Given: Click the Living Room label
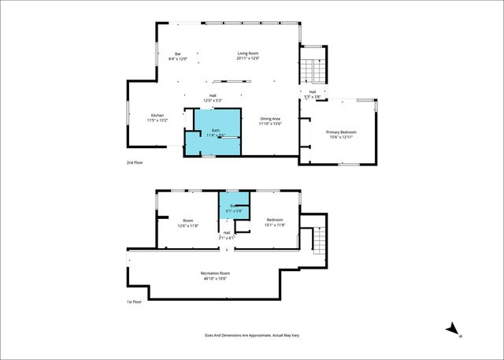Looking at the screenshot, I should (x=248, y=53).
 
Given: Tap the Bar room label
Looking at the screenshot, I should (x=178, y=53).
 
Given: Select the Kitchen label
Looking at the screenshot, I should (x=157, y=115).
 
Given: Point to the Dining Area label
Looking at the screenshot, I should (x=270, y=118).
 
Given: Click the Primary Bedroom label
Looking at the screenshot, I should (x=343, y=132).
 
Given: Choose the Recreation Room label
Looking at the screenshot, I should (x=215, y=273).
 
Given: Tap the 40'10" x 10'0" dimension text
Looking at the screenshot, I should (x=215, y=278).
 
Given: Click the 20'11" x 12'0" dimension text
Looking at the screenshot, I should (x=248, y=58).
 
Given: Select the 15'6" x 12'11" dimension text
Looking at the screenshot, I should (x=343, y=138).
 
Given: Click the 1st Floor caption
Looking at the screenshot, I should (x=135, y=302).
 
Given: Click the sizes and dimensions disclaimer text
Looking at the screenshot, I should (x=251, y=335).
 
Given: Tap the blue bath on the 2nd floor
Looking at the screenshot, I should (x=212, y=129).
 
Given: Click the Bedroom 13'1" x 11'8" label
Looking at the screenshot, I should (x=275, y=222).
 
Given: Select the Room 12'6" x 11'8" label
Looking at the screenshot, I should (x=188, y=222).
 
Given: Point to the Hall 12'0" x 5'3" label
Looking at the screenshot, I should (x=213, y=98).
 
